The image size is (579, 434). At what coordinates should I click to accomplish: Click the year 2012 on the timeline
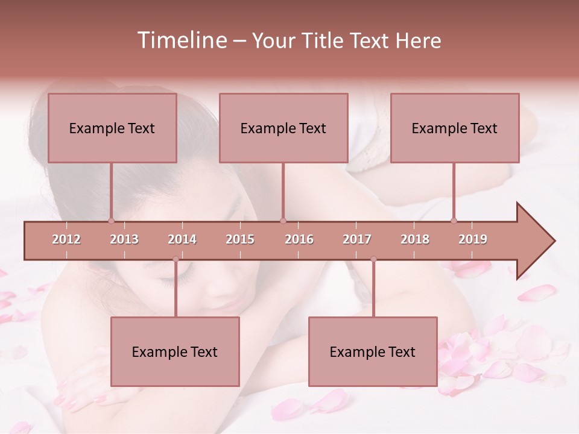[x=66, y=239]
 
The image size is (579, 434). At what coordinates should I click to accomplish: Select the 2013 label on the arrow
[x=124, y=239]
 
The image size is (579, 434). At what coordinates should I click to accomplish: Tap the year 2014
[x=182, y=239]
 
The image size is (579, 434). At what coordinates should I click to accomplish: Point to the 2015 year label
[x=240, y=239]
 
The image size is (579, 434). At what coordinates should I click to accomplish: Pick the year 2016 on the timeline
[x=299, y=239]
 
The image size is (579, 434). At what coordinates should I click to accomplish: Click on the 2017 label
[x=357, y=239]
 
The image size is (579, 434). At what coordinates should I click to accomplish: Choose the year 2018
[x=415, y=239]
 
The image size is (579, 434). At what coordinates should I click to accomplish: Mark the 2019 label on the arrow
[x=473, y=239]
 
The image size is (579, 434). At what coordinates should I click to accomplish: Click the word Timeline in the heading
[x=181, y=40]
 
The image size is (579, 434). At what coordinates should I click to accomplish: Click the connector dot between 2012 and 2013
[x=112, y=221]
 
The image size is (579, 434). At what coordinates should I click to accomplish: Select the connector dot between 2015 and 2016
[x=283, y=221]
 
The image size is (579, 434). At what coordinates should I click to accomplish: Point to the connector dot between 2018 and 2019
[x=454, y=221]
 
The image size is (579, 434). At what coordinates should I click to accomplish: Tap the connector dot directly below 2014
[x=176, y=259]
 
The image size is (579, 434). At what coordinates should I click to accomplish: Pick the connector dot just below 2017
[x=373, y=259]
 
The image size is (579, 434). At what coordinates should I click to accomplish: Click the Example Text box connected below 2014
[x=175, y=351]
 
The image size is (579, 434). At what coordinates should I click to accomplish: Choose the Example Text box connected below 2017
[x=373, y=351]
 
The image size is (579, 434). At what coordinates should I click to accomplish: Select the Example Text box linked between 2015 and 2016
[x=283, y=128]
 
